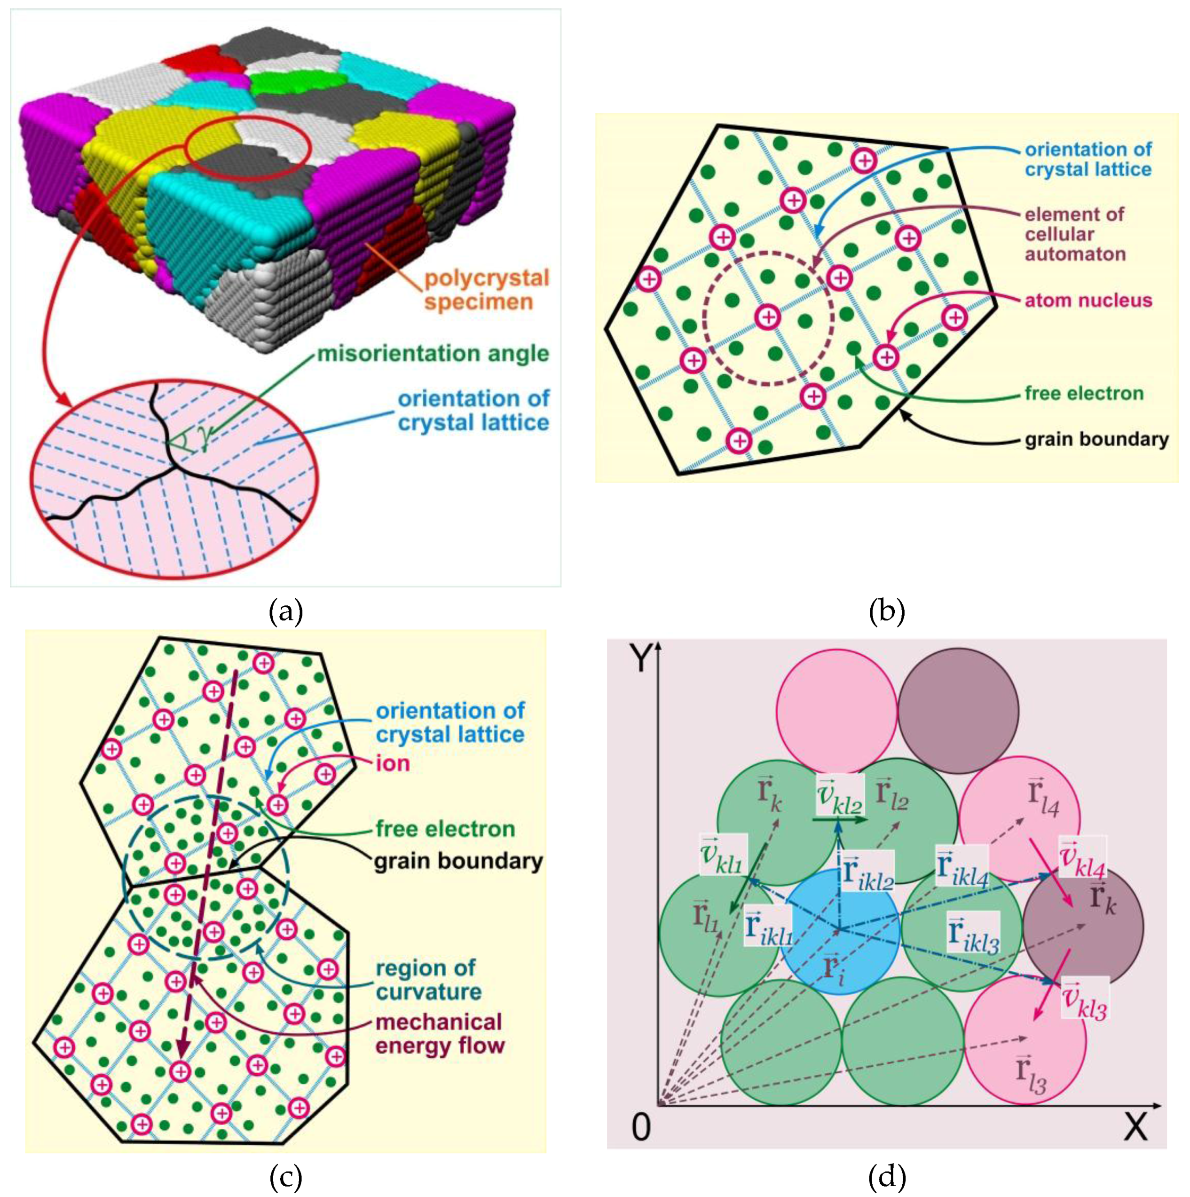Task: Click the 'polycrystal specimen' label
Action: click(x=486, y=290)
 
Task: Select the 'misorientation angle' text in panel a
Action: click(x=433, y=354)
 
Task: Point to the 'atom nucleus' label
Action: click(x=1088, y=301)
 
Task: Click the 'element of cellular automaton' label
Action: click(x=1075, y=235)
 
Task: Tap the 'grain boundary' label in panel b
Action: click(x=1096, y=439)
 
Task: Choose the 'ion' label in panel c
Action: click(x=393, y=763)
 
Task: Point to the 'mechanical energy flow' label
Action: click(x=440, y=1034)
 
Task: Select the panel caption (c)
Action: click(x=285, y=1177)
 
